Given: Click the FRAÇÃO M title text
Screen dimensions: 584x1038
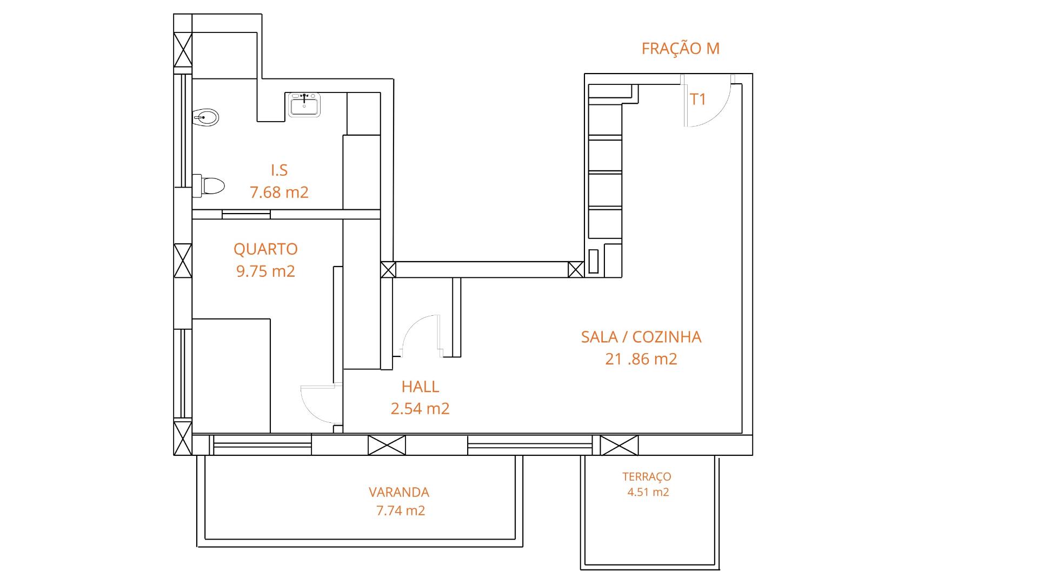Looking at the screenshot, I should coord(680,49).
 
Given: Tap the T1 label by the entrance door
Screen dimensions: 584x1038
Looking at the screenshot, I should coord(698,99).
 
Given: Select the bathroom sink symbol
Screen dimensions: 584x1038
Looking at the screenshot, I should coord(305,104).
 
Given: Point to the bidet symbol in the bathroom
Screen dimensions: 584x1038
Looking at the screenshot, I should coord(205,117).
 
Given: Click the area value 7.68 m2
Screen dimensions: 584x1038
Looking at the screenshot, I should coord(279,192).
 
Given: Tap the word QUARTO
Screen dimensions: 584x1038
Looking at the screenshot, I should coord(265,249).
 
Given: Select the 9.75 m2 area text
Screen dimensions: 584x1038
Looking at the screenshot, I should coord(265,271).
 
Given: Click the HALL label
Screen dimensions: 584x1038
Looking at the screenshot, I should coord(420,387).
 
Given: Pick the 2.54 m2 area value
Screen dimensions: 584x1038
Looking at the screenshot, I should coord(420,408).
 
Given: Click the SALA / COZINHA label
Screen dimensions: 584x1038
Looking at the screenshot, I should coord(641,337).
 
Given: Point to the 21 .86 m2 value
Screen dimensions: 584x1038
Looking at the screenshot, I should coord(641,359).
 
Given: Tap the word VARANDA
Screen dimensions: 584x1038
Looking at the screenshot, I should coord(399,493).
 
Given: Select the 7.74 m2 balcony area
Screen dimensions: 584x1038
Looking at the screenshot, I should coord(400,510).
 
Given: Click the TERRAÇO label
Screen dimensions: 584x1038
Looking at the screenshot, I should coord(647,477).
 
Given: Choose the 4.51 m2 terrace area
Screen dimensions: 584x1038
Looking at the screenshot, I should coord(648,492).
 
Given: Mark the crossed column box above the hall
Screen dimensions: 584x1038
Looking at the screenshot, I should coord(388,270).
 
